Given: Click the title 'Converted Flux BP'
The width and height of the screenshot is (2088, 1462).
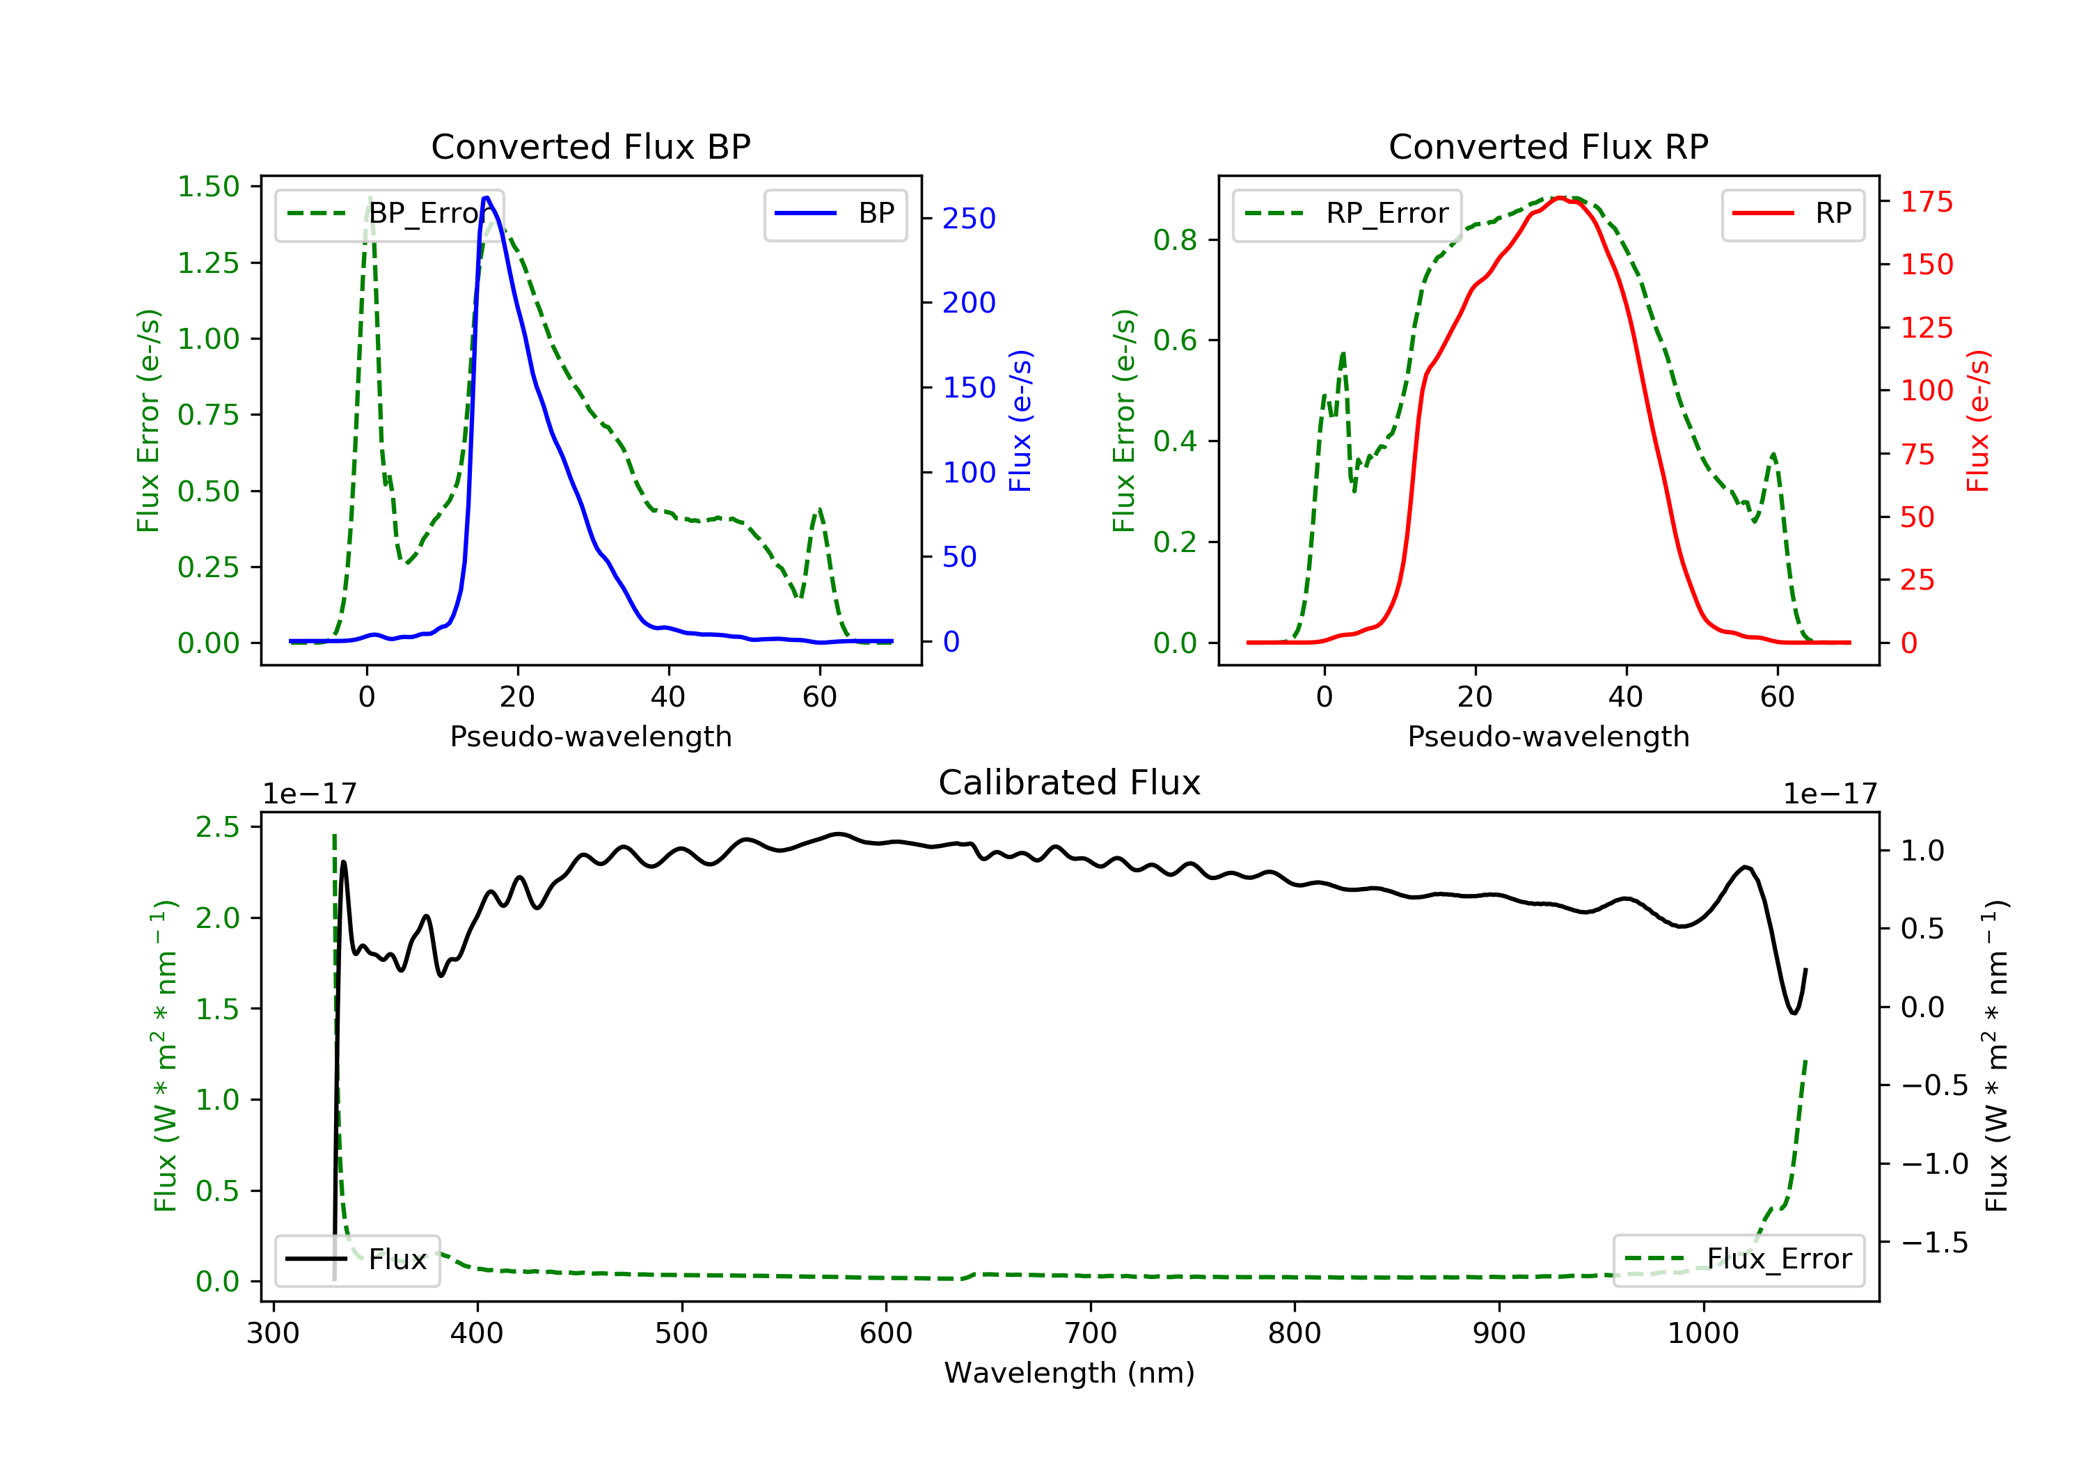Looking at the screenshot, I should point(590,146).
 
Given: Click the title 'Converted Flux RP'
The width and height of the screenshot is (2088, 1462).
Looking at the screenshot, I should point(1548,146).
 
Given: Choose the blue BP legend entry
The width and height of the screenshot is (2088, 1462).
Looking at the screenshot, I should point(835,214).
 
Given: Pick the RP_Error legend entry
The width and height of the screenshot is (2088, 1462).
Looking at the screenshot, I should point(1347,214).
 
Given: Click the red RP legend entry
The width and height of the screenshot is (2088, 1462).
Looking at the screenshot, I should point(1792,214).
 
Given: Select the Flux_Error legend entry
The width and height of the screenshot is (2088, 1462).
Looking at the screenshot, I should point(1738,1259).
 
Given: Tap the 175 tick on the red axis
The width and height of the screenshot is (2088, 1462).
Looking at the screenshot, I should point(1926,202).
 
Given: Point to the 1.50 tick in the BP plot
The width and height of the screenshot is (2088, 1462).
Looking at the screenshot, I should point(208,187).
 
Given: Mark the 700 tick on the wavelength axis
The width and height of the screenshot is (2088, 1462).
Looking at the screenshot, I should point(1091,1334).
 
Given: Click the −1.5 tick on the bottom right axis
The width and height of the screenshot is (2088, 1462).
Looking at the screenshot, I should point(1934,1243).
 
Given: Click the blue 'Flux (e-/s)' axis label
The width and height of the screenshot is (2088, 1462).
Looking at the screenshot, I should point(1020,420).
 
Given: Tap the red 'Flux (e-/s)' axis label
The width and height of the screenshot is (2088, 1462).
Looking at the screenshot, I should point(1978,420).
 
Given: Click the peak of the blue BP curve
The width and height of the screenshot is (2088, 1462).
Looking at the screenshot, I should point(487,198).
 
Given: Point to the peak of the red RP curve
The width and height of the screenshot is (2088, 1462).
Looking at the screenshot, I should point(1559,198).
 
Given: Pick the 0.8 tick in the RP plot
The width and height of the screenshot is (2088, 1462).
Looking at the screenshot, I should point(1174,240).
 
